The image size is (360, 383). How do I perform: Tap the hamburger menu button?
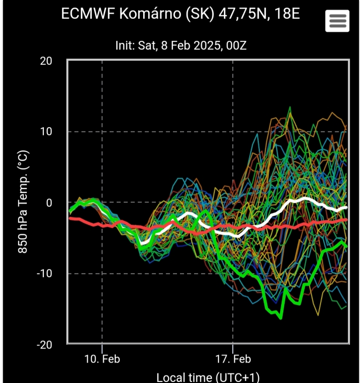pyautogui.click(x=338, y=21)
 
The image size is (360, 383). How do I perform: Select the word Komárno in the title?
pyautogui.click(x=144, y=14)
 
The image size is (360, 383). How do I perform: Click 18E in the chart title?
pyautogui.click(x=288, y=14)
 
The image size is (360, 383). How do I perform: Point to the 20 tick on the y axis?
pyautogui.click(x=46, y=61)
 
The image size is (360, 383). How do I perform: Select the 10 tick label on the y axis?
pyautogui.click(x=46, y=132)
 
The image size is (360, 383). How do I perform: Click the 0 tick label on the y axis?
pyautogui.click(x=49, y=202)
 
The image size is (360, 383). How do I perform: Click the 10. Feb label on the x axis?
pyautogui.click(x=102, y=359)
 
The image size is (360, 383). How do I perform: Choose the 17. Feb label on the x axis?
pyautogui.click(x=233, y=359)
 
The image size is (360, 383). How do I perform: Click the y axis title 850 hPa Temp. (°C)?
pyautogui.click(x=22, y=202)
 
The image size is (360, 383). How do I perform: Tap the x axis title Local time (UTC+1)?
pyautogui.click(x=208, y=377)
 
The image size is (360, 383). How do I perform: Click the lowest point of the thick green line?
pyautogui.click(x=281, y=318)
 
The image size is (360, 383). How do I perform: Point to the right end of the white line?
pyautogui.click(x=346, y=207)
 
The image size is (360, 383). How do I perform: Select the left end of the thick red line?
pyautogui.click(x=70, y=218)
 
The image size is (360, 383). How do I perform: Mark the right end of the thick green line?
pyautogui.click(x=346, y=246)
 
